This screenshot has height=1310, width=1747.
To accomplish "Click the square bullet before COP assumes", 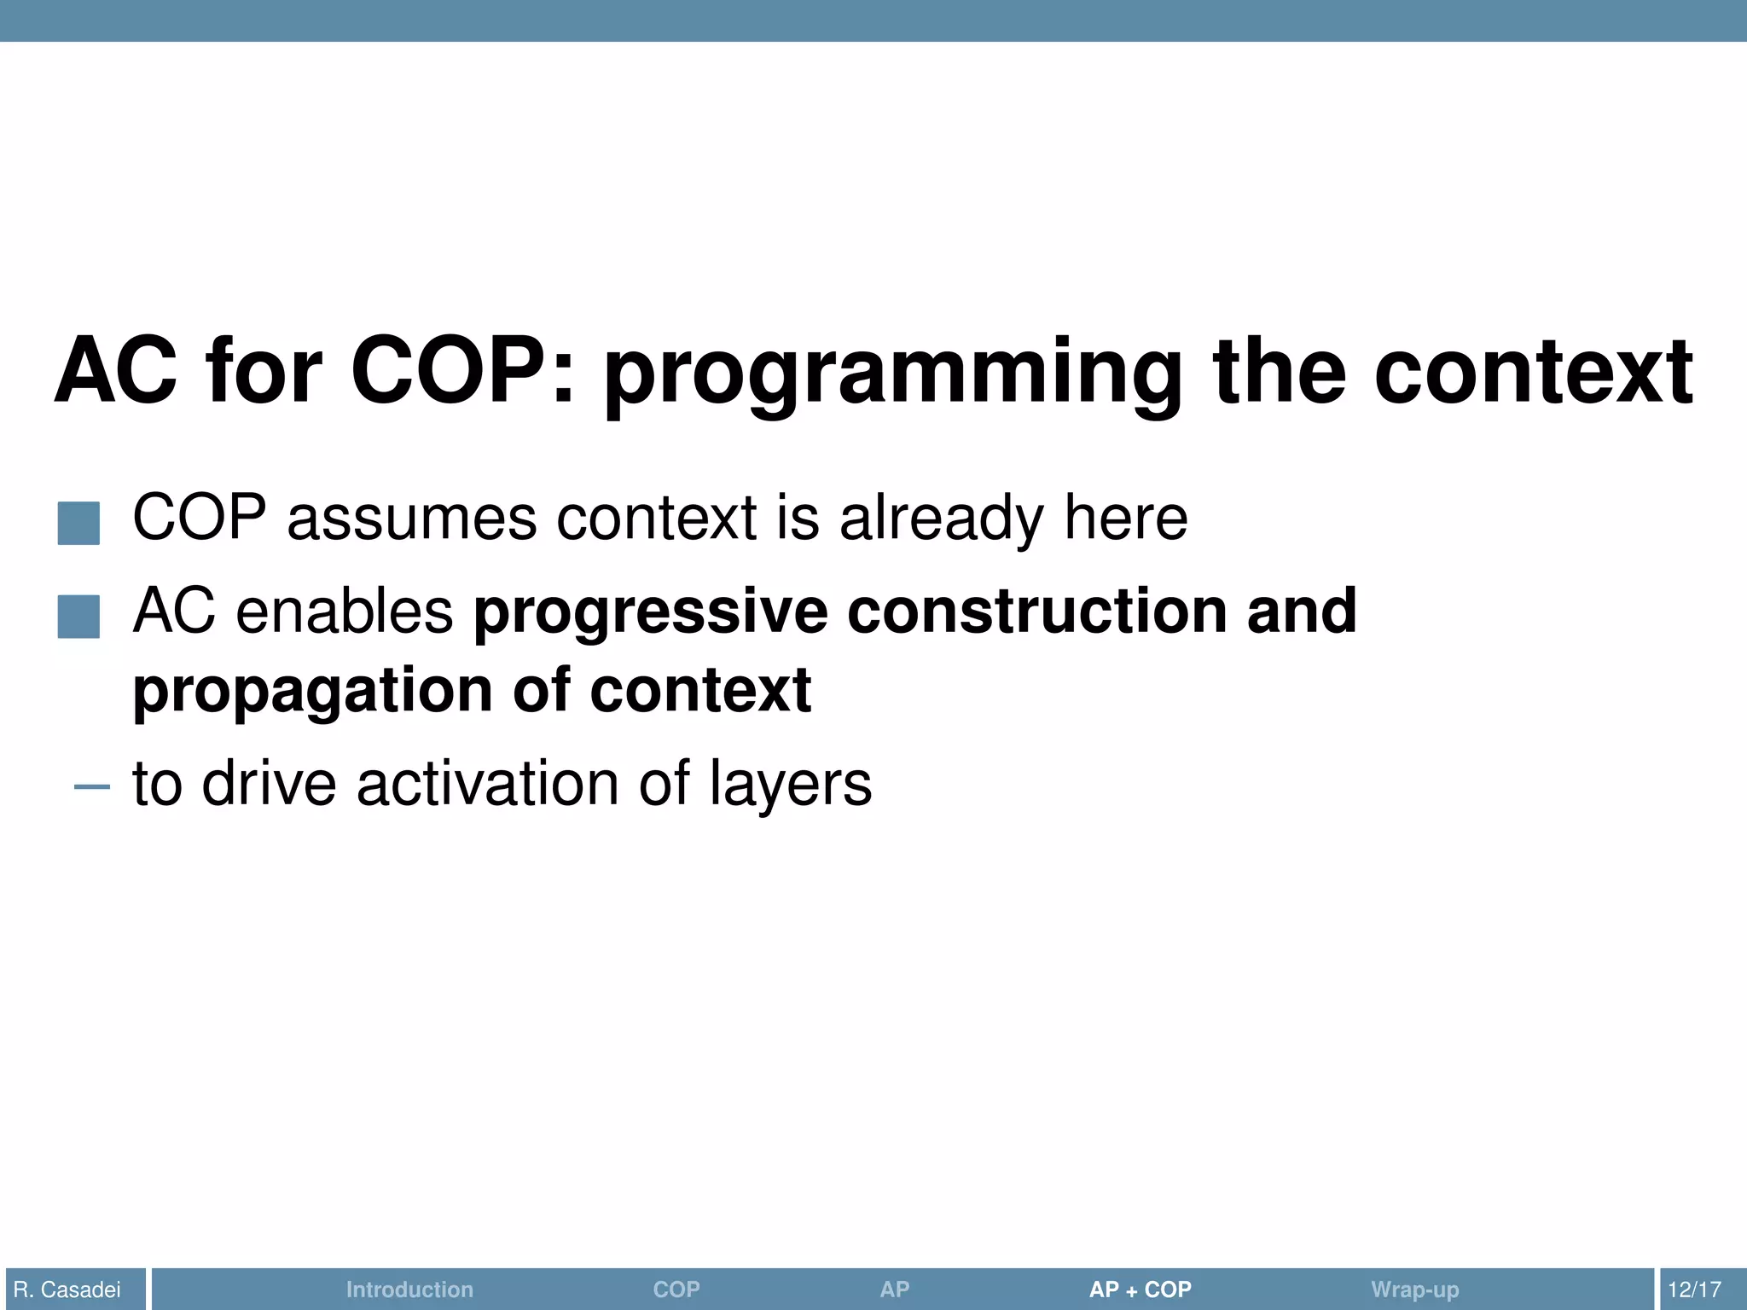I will pos(78,523).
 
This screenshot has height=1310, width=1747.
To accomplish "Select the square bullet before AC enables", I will pos(78,616).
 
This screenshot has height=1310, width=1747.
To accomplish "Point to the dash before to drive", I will pos(91,786).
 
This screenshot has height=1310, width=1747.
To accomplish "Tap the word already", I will pos(942,520).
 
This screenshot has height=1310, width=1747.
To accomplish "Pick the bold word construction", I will pos(1036,612).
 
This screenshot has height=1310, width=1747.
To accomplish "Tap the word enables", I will pos(344,612).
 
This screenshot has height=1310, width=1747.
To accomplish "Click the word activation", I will pos(487,784).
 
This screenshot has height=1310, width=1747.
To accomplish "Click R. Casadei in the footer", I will pos(67,1290).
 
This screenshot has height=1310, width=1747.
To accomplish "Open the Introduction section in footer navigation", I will pos(409,1290).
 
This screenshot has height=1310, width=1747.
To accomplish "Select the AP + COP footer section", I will pos(1140,1290).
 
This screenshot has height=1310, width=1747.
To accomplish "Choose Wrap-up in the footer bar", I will pos(1414,1290).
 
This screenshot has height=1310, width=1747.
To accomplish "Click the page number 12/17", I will pos(1694,1290).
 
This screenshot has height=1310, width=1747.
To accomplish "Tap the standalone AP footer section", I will pos(894,1290).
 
